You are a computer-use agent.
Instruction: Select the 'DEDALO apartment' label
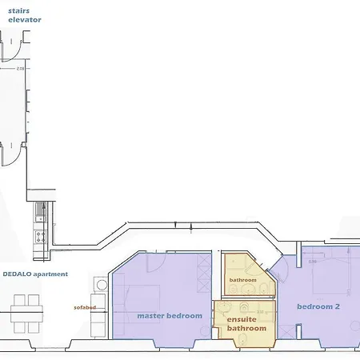(x=34, y=274)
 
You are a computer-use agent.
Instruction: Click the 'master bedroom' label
(x=169, y=315)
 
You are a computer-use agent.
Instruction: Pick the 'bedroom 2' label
(x=318, y=306)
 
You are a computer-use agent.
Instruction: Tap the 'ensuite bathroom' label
(x=246, y=324)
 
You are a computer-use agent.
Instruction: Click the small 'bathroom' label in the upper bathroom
(x=242, y=280)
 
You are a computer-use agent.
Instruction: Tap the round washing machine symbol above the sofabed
(x=99, y=284)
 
